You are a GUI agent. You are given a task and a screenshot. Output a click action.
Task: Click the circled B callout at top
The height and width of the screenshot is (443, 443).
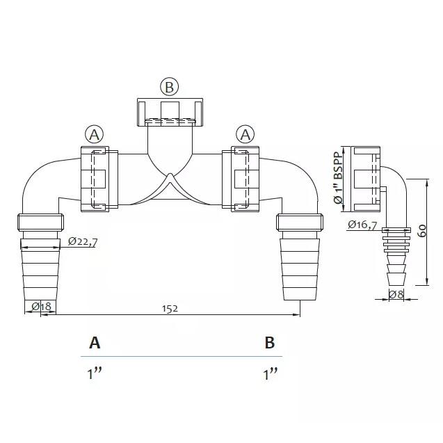tap(169, 87)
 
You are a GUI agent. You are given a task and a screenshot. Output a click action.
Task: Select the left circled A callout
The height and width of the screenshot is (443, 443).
tap(94, 133)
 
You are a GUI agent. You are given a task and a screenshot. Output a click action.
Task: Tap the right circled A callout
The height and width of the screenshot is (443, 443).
tap(244, 133)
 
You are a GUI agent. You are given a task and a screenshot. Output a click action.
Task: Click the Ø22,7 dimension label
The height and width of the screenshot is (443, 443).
tap(83, 242)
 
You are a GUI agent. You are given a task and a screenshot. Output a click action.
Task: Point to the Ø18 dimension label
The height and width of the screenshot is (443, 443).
tap(42, 307)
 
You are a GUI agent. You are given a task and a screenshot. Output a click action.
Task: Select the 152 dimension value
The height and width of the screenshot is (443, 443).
tap(170, 308)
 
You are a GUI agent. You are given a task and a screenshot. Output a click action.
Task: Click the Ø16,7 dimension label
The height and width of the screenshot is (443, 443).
tap(362, 225)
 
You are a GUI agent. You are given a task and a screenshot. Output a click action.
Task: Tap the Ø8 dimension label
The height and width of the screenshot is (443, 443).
tap(396, 294)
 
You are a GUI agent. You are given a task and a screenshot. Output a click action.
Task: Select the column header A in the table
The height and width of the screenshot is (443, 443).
tap(95, 343)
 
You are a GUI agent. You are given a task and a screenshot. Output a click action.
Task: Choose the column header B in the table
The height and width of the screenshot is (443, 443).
tap(270, 343)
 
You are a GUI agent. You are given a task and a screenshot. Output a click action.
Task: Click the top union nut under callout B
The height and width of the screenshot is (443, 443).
tap(169, 113)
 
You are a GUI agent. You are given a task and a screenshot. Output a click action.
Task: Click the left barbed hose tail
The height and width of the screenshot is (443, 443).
tap(40, 271)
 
